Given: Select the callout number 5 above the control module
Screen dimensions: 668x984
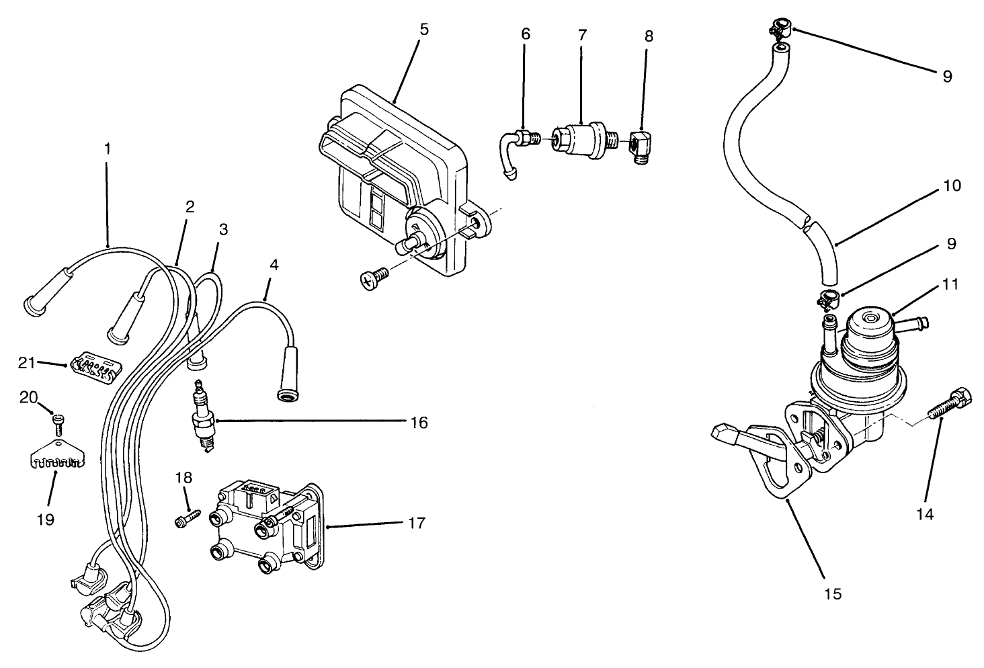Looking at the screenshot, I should pos(423,30).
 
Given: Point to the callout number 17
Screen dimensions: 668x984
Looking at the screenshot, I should pos(417,523).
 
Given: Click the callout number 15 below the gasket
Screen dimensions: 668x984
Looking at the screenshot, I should pos(831,594).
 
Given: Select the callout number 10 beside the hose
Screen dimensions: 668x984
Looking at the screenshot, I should pos(952,185).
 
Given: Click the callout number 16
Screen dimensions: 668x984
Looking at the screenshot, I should pos(417,423).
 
